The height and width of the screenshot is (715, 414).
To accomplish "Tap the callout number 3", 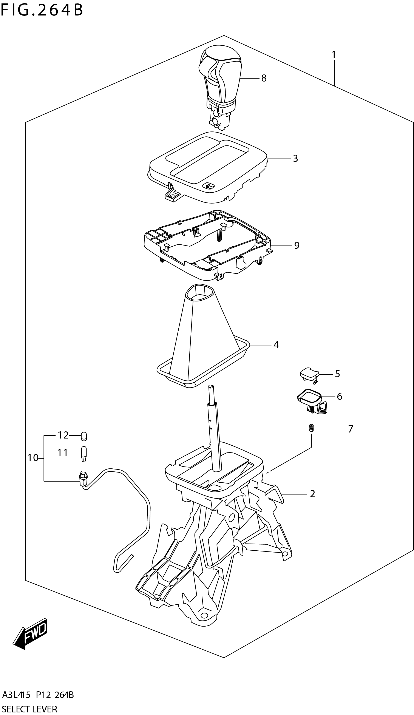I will pyautogui.click(x=295, y=158).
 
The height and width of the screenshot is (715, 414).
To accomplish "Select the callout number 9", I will pyautogui.click(x=297, y=246).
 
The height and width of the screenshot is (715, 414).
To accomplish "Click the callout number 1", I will pyautogui.click(x=334, y=55).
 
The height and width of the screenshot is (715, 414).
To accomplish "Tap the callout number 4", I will pyautogui.click(x=276, y=345).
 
